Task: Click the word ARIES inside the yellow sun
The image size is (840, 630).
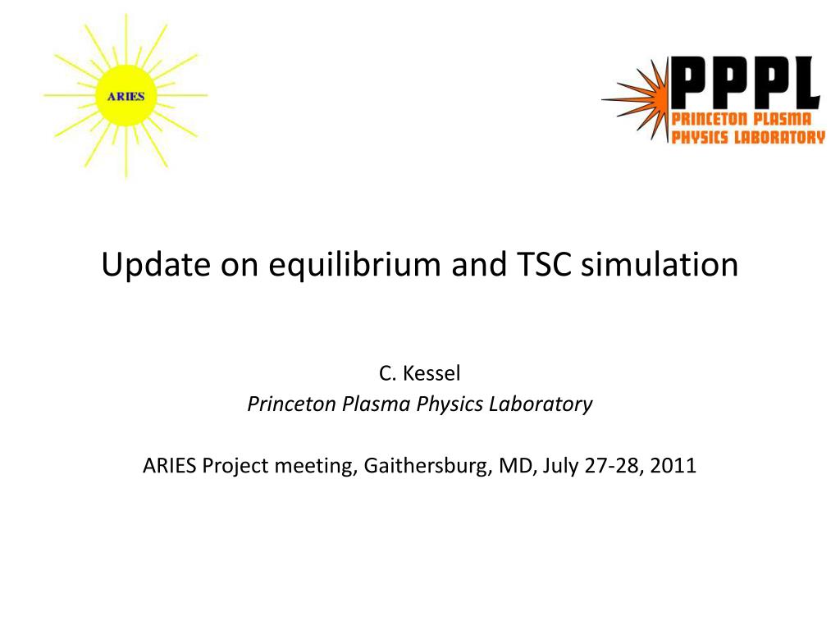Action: tap(126, 97)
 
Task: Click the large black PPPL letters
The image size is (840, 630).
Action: tap(745, 82)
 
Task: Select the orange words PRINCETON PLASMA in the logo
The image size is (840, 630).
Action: tap(742, 119)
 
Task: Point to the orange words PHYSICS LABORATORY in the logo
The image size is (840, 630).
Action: tap(748, 137)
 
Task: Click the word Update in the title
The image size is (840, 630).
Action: tap(156, 265)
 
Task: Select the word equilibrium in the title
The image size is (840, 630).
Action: tap(354, 265)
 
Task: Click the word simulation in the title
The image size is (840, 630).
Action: tap(660, 264)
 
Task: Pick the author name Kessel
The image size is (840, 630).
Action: tap(431, 373)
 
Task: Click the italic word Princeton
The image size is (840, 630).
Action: tap(292, 404)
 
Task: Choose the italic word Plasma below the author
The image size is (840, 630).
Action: tap(377, 404)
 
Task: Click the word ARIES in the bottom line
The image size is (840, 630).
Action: tap(169, 466)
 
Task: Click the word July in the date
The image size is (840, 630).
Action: tap(560, 467)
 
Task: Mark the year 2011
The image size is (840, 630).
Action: tap(673, 466)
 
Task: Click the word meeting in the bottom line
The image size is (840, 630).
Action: tap(316, 467)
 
